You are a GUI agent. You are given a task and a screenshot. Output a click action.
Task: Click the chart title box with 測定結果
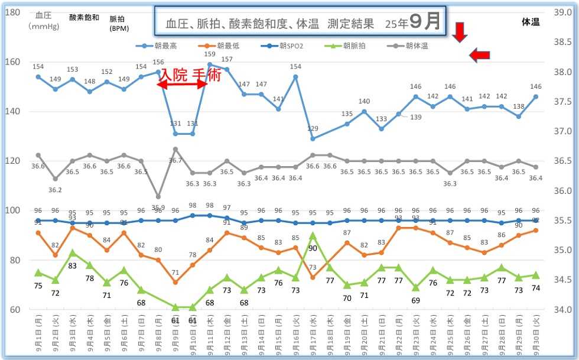(300, 23)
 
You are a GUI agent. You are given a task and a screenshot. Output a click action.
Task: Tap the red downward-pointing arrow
(460, 33)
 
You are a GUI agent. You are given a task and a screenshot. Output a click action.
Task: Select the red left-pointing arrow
(480, 55)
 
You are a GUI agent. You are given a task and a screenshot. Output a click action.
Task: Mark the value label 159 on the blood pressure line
(210, 54)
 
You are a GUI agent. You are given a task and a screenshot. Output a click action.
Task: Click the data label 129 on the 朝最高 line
(313, 128)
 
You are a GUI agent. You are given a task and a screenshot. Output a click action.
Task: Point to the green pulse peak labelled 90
(313, 248)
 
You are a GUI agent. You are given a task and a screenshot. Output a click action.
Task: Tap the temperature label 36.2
(55, 190)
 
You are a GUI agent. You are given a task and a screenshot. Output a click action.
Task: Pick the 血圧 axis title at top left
(43, 16)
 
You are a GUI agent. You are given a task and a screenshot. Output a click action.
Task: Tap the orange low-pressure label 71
(175, 273)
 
